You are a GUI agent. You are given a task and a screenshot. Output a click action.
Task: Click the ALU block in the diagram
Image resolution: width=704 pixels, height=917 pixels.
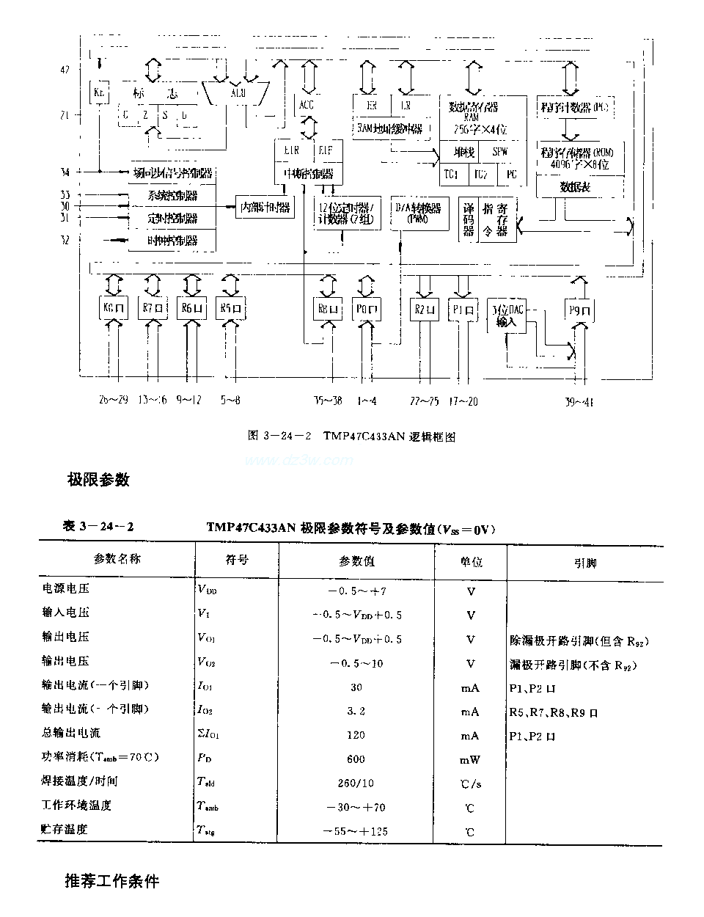pos(238,93)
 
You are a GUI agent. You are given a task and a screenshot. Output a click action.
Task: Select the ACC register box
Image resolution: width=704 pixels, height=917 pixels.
pos(307,105)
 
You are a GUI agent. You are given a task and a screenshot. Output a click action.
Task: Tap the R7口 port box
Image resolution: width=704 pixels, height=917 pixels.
pos(153,309)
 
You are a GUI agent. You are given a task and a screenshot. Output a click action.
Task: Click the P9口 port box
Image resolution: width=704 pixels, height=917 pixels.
pos(579,310)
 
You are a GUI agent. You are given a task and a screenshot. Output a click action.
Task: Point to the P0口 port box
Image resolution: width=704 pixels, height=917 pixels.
pos(366,309)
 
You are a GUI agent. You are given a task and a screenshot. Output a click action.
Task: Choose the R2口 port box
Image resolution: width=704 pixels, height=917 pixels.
pos(424,309)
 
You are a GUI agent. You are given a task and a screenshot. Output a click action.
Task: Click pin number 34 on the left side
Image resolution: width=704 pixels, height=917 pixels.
pos(65,172)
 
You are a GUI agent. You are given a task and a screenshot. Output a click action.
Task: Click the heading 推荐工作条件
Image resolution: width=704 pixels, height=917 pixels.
pos(111,880)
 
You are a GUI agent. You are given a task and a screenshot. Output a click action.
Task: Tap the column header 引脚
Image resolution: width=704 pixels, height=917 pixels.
pos(584,563)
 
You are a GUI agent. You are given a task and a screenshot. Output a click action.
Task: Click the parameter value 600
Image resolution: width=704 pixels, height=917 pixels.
pos(356,759)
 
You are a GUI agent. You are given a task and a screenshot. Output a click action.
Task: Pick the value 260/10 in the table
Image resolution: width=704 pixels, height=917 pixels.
pos(356,783)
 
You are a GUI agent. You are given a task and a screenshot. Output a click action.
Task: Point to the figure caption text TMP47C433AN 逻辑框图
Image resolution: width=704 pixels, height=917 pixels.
pos(389,436)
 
